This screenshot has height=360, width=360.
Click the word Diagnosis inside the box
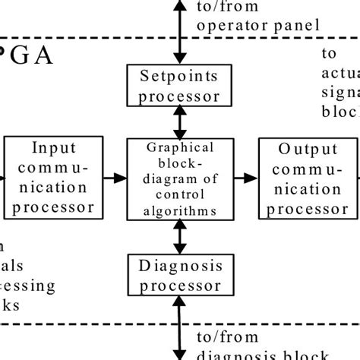tap(181, 265)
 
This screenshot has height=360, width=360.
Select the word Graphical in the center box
tap(181, 148)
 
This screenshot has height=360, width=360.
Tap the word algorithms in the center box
tap(181, 211)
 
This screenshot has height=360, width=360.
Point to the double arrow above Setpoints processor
tap(181, 32)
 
